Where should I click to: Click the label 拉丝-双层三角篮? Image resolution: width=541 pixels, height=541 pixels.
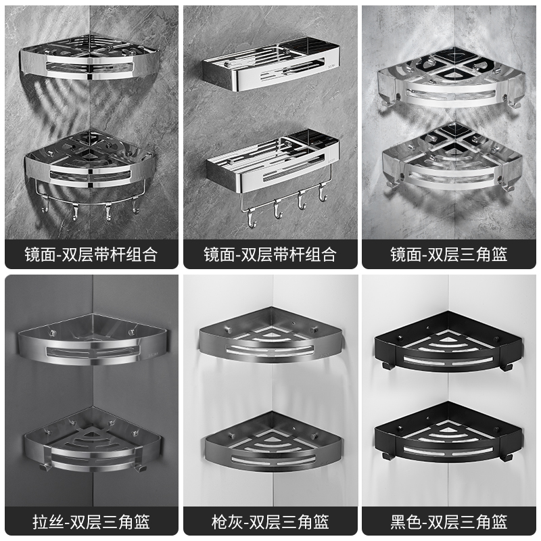coord(91,521)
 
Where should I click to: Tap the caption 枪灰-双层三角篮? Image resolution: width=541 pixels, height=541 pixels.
coord(270,521)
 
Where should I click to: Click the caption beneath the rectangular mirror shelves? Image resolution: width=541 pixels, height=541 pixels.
coord(270,254)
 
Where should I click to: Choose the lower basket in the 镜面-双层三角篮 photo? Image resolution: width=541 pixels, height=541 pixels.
coord(450,159)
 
